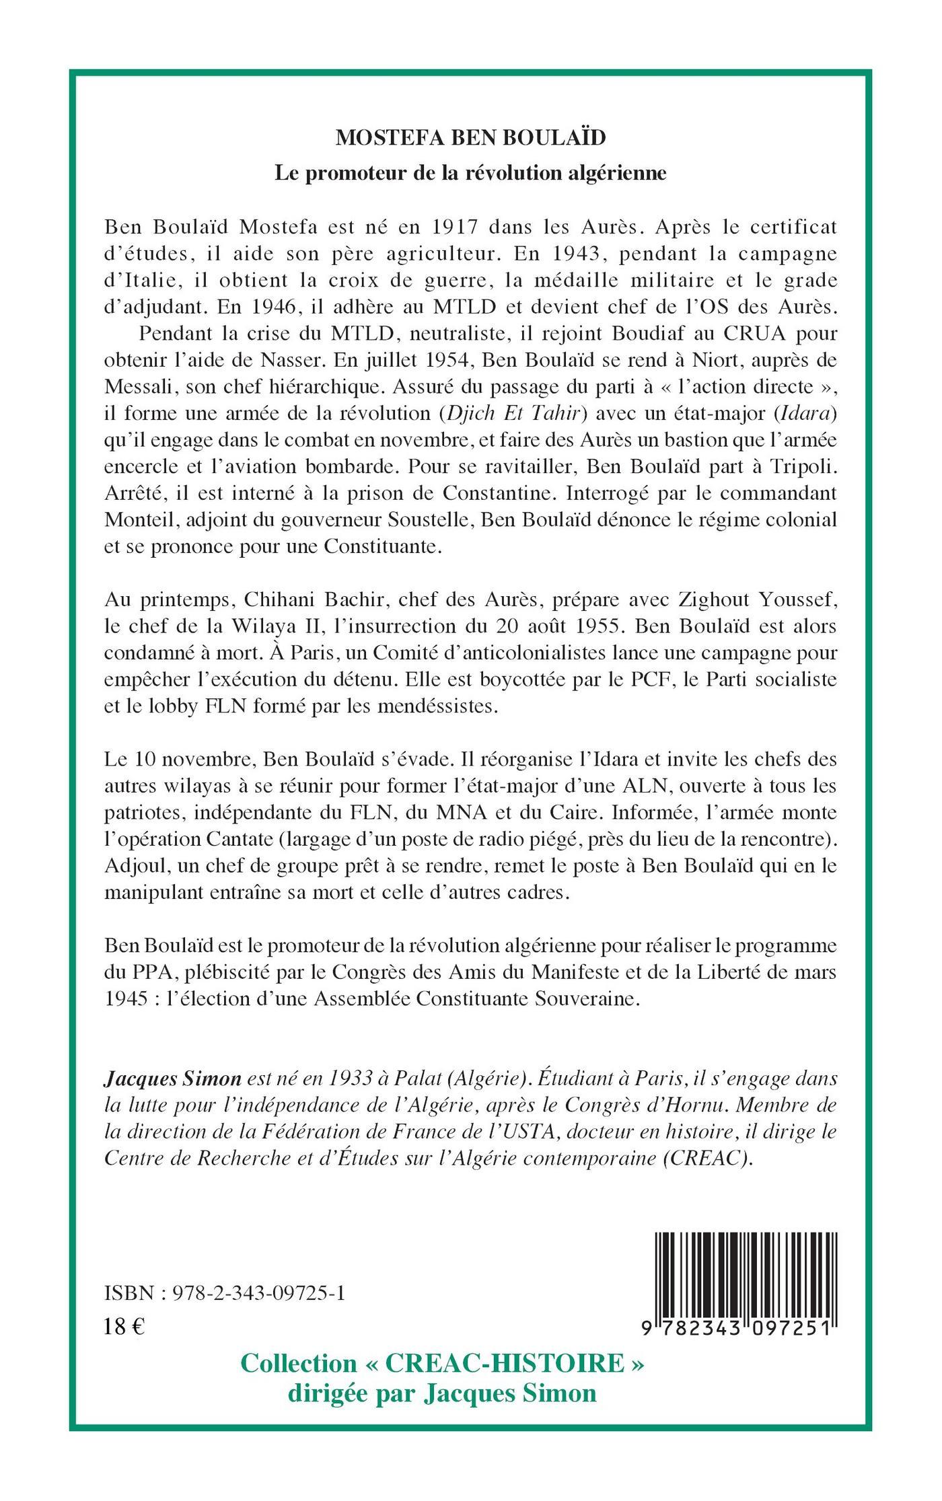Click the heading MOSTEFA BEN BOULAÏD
[x=470, y=137]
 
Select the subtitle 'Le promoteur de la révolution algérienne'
[x=470, y=173]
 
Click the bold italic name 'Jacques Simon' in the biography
[x=173, y=1079]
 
